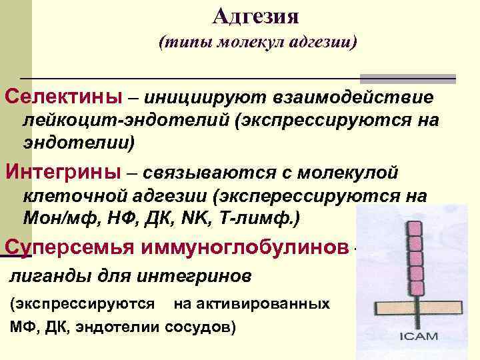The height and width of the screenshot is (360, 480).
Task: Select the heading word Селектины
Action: pyautogui.click(x=63, y=97)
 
